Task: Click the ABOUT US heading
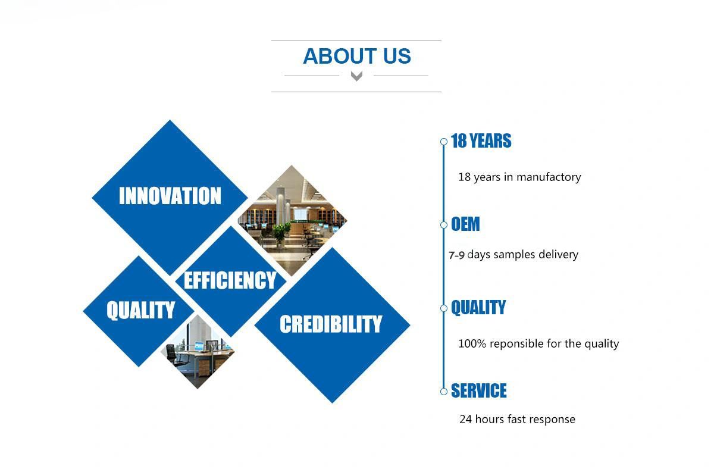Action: coord(356,56)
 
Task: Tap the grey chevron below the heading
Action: coord(356,76)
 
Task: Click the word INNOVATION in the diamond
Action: coord(170,195)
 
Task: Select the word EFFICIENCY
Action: coord(230,280)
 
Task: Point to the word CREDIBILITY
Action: coord(331,324)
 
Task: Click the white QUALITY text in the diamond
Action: coord(141,310)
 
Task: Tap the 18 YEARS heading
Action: coord(481,141)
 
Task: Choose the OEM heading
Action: coord(465,224)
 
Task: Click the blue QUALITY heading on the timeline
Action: coord(478,307)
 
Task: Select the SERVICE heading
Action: coord(479,390)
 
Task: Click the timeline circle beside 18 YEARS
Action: coord(444,142)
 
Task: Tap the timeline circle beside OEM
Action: coord(444,225)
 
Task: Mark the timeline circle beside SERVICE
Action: coord(444,392)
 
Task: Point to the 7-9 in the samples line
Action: coord(456,255)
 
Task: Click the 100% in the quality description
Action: coord(472,343)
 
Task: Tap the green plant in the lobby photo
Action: coord(281,232)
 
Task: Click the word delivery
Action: coord(559,255)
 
